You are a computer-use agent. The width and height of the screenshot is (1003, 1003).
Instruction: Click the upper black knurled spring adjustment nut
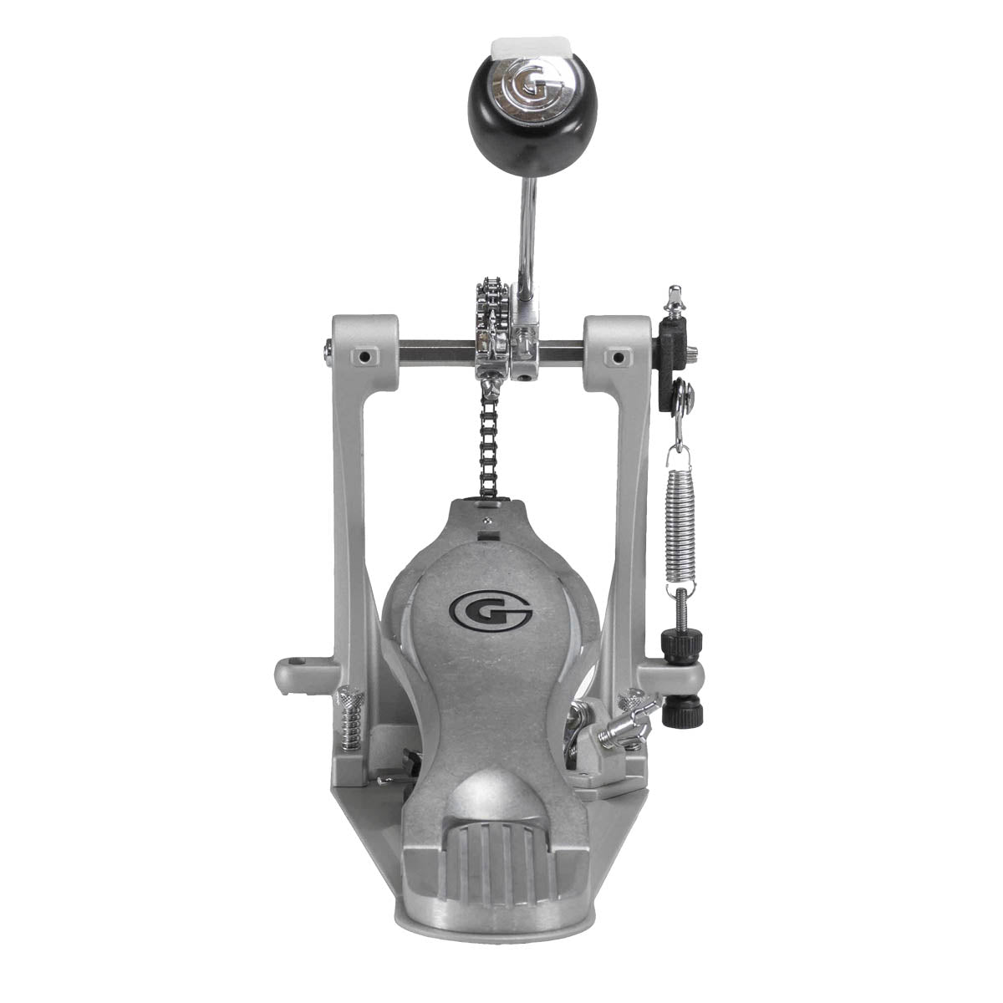(x=681, y=644)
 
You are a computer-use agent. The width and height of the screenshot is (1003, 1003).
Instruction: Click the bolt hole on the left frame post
(x=364, y=357)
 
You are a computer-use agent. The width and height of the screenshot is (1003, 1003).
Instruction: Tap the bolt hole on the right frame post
(x=619, y=358)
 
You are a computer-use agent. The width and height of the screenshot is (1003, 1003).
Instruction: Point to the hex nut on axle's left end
(x=326, y=356)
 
